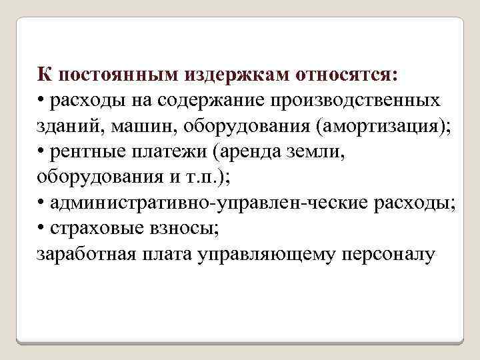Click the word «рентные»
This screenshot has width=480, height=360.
[83, 151]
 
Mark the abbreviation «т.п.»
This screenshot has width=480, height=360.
[192, 177]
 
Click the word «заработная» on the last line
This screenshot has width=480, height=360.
[84, 254]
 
